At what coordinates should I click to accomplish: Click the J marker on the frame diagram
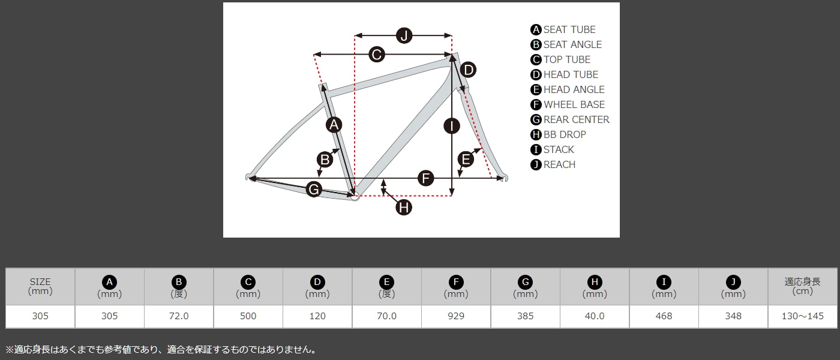coord(404,35)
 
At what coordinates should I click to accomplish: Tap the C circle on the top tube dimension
coord(377,55)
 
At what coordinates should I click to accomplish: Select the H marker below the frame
coord(404,208)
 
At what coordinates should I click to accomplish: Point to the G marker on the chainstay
coord(314,189)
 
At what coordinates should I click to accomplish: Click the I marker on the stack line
coord(451,126)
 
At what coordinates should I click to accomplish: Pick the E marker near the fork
coord(466,160)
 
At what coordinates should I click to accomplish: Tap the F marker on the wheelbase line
coord(425,178)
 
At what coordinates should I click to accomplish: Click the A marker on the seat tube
coord(334,125)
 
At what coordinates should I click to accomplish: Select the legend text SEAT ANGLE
coord(572,44)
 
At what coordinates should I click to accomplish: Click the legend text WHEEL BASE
coord(574,104)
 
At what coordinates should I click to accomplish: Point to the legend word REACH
coord(559,164)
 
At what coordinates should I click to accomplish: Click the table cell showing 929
coord(456,316)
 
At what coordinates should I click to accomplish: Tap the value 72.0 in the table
coord(179,316)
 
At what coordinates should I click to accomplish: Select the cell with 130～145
coord(803,316)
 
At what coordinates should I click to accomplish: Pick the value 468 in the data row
coord(664,316)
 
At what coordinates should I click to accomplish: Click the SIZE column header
coord(40,286)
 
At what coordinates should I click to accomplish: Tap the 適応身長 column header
coord(803,286)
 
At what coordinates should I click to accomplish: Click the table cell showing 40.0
coord(595,316)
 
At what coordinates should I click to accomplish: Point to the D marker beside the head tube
coord(468,70)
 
